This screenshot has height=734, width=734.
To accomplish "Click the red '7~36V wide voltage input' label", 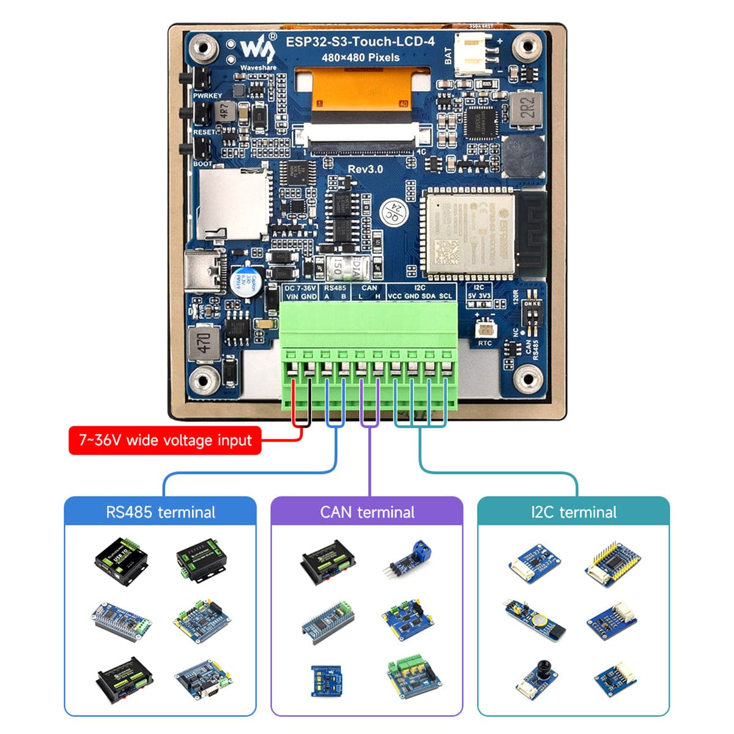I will point(165,440).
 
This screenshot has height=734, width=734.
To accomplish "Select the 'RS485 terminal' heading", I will point(160,512).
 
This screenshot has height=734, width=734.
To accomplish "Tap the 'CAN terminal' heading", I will point(367,512).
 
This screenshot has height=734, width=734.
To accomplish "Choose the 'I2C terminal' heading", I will point(574,512).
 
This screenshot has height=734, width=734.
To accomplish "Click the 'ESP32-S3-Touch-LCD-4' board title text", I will point(360,42).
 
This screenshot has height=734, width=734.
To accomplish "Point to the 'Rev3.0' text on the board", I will point(365,169).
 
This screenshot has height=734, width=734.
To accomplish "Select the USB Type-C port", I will point(201,270).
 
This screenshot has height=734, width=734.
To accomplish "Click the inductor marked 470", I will point(204,343).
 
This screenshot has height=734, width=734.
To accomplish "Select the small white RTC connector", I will point(485,327).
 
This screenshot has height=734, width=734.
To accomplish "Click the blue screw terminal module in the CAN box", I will point(411,556).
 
